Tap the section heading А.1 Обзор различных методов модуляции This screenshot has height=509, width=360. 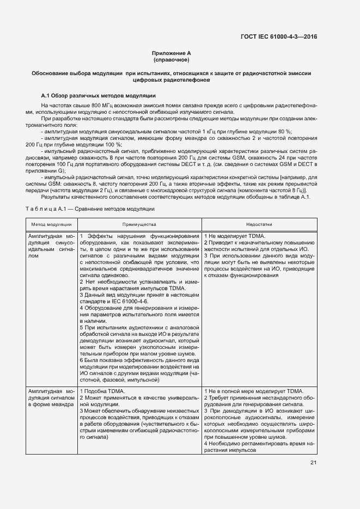pyautogui.click(x=99, y=94)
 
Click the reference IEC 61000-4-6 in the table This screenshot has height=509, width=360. pyautogui.click(x=129, y=301)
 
